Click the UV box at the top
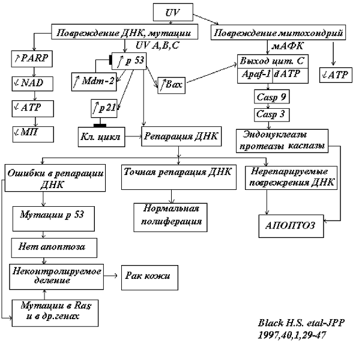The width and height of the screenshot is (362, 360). tap(173, 11)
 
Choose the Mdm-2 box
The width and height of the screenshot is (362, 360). tap(93, 80)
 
